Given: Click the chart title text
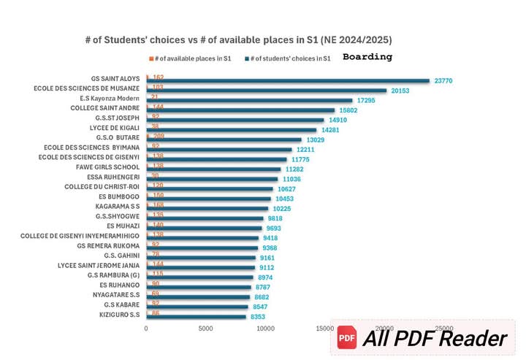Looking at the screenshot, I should click(243, 39).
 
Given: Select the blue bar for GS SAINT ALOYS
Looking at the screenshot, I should click(289, 80).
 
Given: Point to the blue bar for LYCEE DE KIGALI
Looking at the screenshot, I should click(232, 129).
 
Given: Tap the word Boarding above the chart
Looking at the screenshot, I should click(367, 57).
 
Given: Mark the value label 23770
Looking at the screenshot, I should click(443, 81).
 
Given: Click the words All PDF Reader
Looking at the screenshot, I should click(435, 339).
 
